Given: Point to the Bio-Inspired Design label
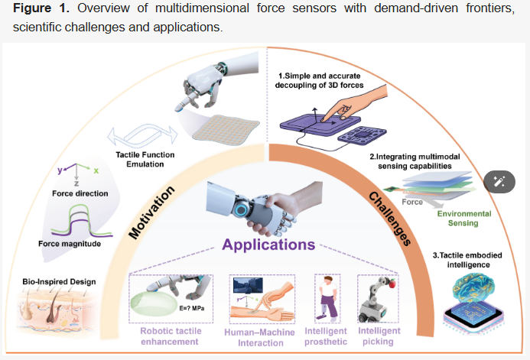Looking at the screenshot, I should (x=59, y=281).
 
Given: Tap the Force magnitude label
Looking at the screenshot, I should (x=68, y=244).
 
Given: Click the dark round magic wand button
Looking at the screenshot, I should (x=501, y=181).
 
